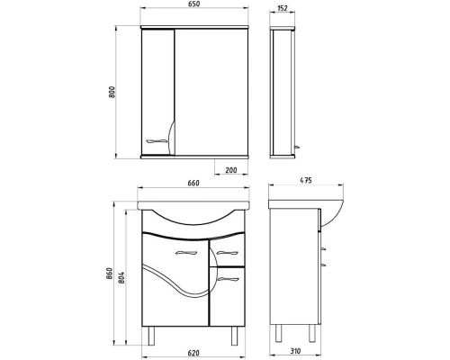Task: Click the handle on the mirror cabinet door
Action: [x=159, y=140]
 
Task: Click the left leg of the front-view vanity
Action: [x=151, y=335]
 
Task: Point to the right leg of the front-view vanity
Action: [x=237, y=335]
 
